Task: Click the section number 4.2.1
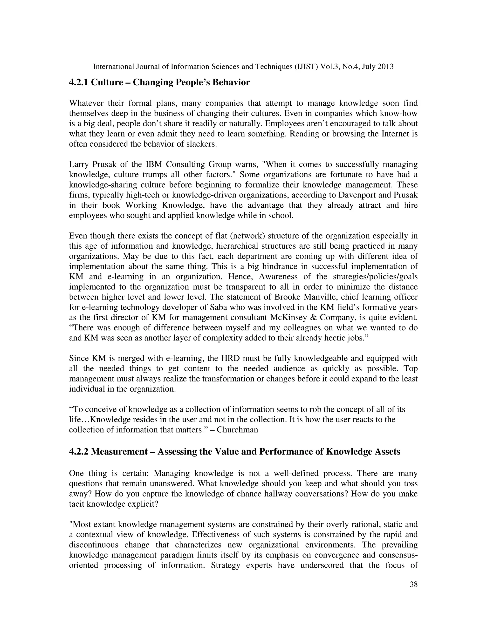point(78,82)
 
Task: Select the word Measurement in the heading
point(119,451)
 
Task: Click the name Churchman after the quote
point(237,430)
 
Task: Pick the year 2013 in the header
point(385,67)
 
